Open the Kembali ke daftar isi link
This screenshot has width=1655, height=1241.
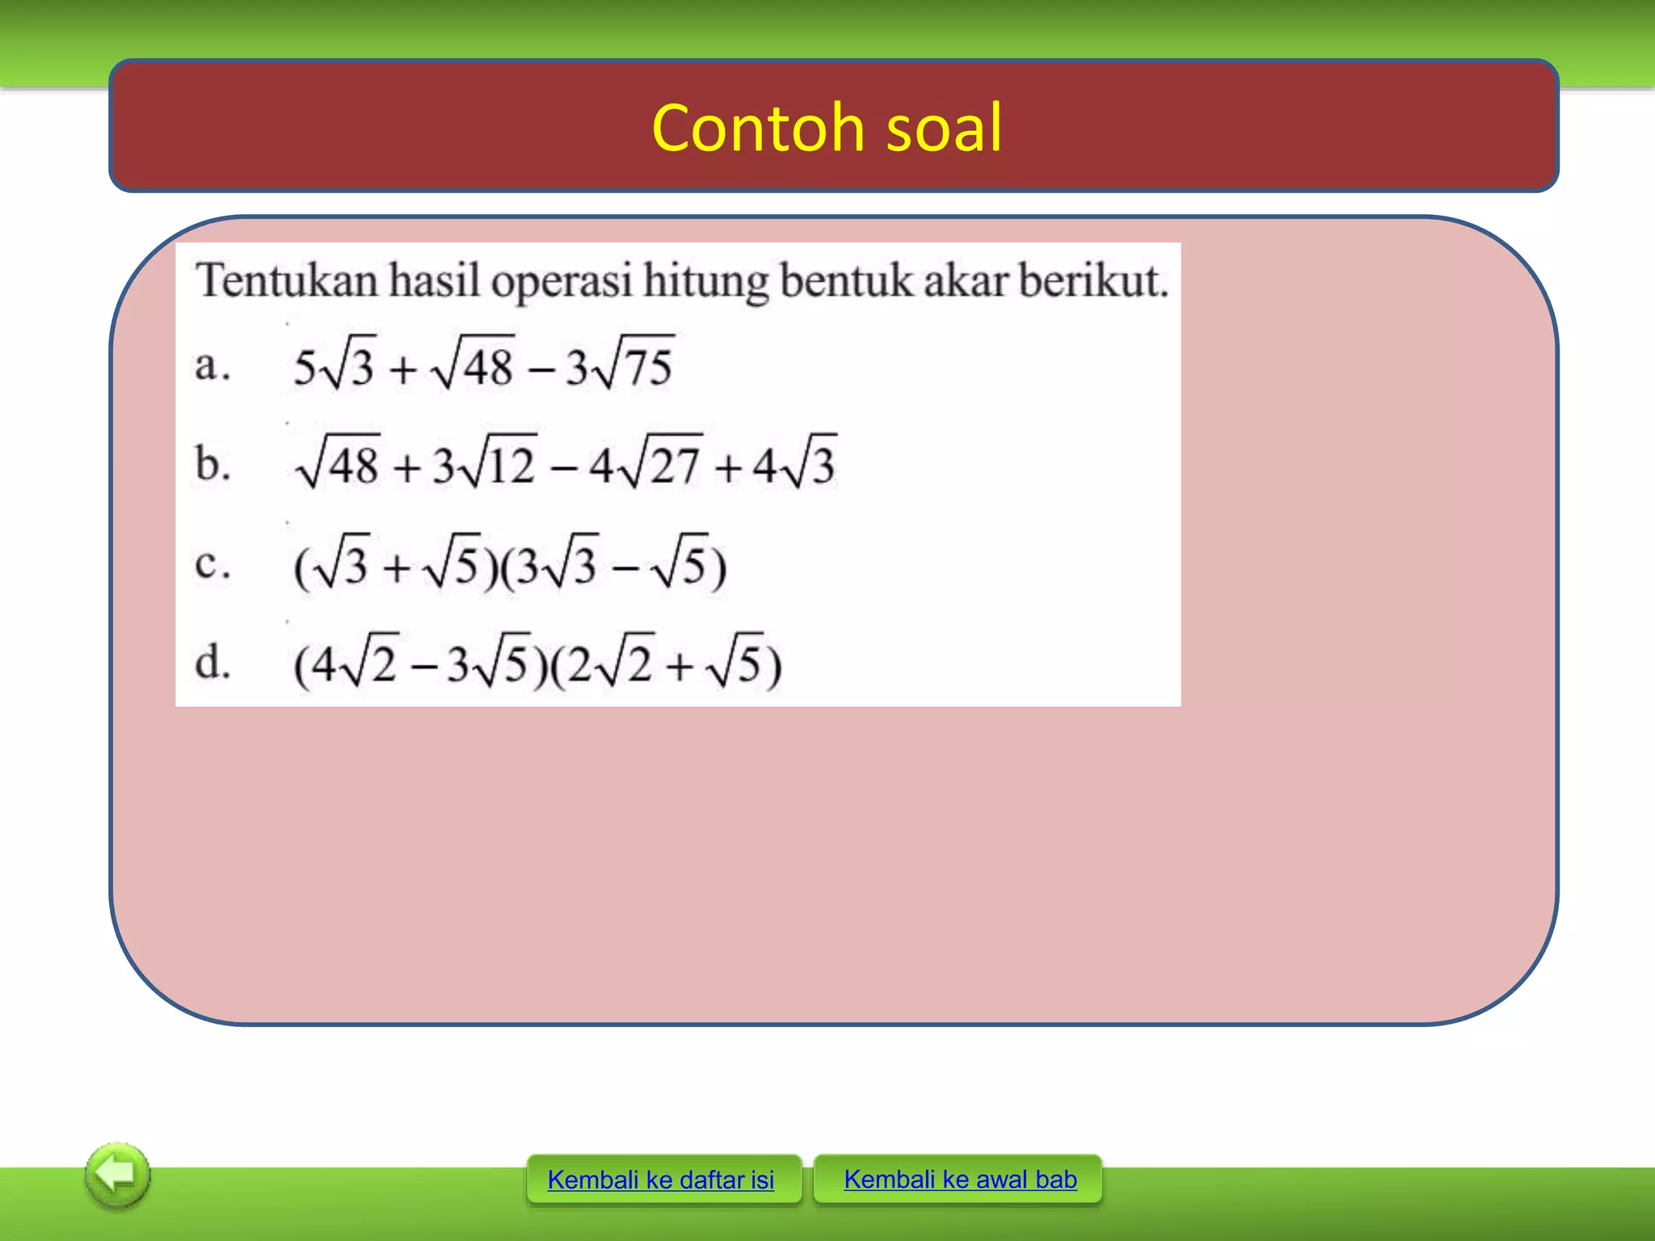pyautogui.click(x=660, y=1180)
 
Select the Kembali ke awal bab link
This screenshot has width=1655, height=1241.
pyautogui.click(x=960, y=1180)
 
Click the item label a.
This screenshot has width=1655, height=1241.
pyautogui.click(x=212, y=366)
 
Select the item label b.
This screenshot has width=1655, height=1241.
pyautogui.click(x=212, y=465)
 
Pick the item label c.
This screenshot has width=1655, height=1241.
pyautogui.click(x=212, y=563)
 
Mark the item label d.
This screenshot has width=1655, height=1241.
pyautogui.click(x=212, y=663)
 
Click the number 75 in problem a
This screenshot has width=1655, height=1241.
pyautogui.click(x=648, y=368)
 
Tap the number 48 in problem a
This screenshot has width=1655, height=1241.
pyautogui.click(x=488, y=368)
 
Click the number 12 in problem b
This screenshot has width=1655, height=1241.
pyautogui.click(x=510, y=466)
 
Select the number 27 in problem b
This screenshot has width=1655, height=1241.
pyautogui.click(x=675, y=466)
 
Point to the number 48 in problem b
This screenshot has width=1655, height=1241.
pyautogui.click(x=353, y=466)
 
